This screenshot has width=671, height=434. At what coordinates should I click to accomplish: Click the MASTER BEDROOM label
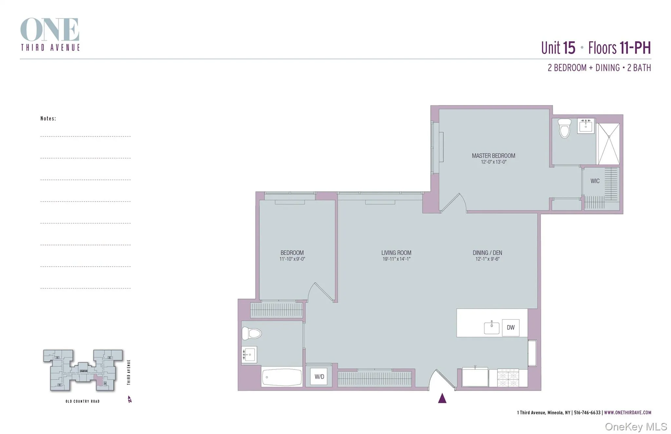[493, 156]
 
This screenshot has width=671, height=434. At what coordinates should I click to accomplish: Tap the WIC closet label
[595, 181]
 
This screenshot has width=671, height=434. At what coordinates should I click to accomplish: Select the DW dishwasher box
[510, 328]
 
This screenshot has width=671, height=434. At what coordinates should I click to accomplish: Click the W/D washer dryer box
[319, 377]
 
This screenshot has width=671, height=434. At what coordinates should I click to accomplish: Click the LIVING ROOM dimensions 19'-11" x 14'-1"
[396, 259]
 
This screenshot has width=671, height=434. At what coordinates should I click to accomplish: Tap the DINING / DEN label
[487, 253]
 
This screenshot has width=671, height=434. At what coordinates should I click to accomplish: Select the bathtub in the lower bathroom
[282, 377]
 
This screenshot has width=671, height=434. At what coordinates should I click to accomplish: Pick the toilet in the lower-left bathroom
[252, 334]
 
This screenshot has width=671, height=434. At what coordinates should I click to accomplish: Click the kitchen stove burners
[508, 378]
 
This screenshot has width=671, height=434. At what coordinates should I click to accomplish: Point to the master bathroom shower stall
[609, 144]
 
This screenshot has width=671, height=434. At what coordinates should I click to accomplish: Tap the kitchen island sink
[491, 328]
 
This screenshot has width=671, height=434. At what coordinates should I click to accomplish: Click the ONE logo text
[50, 30]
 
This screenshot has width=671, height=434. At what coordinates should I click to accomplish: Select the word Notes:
[48, 119]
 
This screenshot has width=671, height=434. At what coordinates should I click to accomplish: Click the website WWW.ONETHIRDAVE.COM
[627, 413]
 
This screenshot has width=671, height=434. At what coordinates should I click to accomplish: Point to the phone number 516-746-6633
[587, 413]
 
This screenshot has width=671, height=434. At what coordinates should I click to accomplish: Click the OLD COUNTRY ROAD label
[82, 401]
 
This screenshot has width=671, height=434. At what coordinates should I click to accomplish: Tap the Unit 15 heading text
[558, 48]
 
